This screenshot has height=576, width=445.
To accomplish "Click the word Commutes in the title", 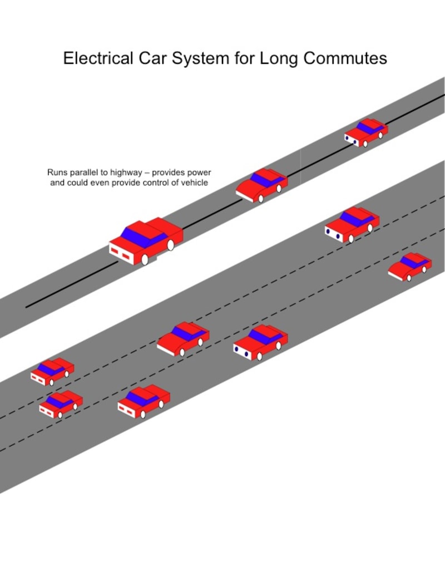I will click(345, 58).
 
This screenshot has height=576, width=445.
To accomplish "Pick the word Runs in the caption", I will click(57, 173).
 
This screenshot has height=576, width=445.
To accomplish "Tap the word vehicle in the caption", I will click(194, 183).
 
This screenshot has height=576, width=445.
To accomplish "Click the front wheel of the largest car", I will click(145, 259).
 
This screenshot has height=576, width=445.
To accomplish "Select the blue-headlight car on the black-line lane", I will click(365, 132).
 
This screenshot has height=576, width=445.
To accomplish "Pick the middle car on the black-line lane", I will click(261, 185).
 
